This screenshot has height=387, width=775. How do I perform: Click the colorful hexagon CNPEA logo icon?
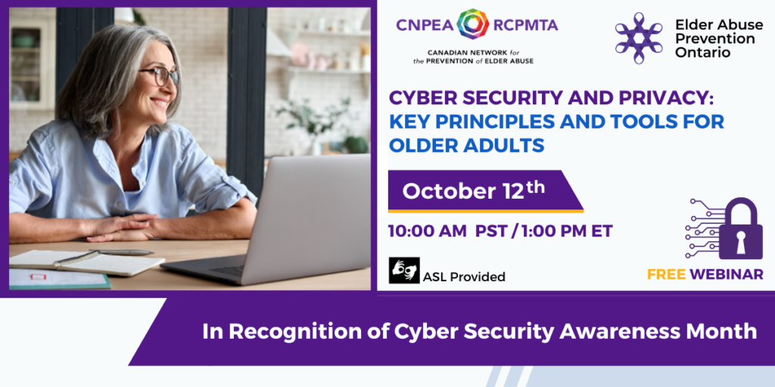click(472, 24)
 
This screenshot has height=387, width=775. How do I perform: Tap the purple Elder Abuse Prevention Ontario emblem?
click(639, 38)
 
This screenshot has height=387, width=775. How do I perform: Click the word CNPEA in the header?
click(424, 25)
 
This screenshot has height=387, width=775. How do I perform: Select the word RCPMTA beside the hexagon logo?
click(525, 25)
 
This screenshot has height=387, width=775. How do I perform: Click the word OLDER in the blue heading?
click(426, 145)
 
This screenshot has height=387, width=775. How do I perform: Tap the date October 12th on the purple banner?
click(473, 191)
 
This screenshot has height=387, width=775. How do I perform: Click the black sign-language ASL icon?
click(404, 271)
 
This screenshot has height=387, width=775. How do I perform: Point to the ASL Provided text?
click(464, 277)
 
